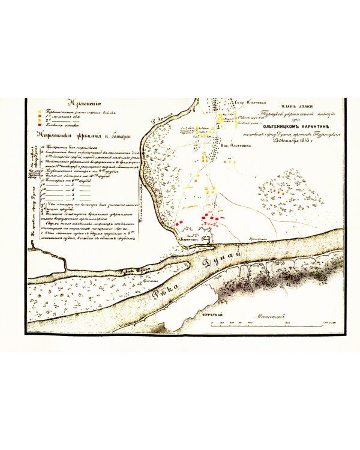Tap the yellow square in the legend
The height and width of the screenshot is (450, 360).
pos(40,112)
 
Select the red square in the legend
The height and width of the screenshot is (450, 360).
pos(40,125)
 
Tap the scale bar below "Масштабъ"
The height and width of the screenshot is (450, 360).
pos(273,322)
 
